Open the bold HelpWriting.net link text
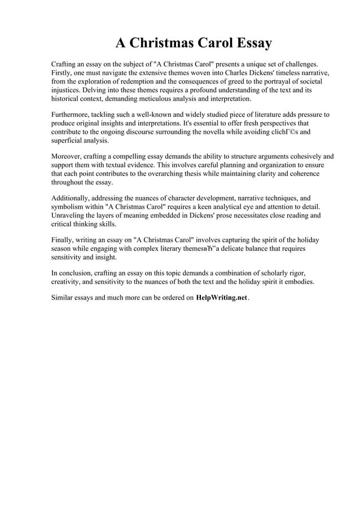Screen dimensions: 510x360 click(x=221, y=298)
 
